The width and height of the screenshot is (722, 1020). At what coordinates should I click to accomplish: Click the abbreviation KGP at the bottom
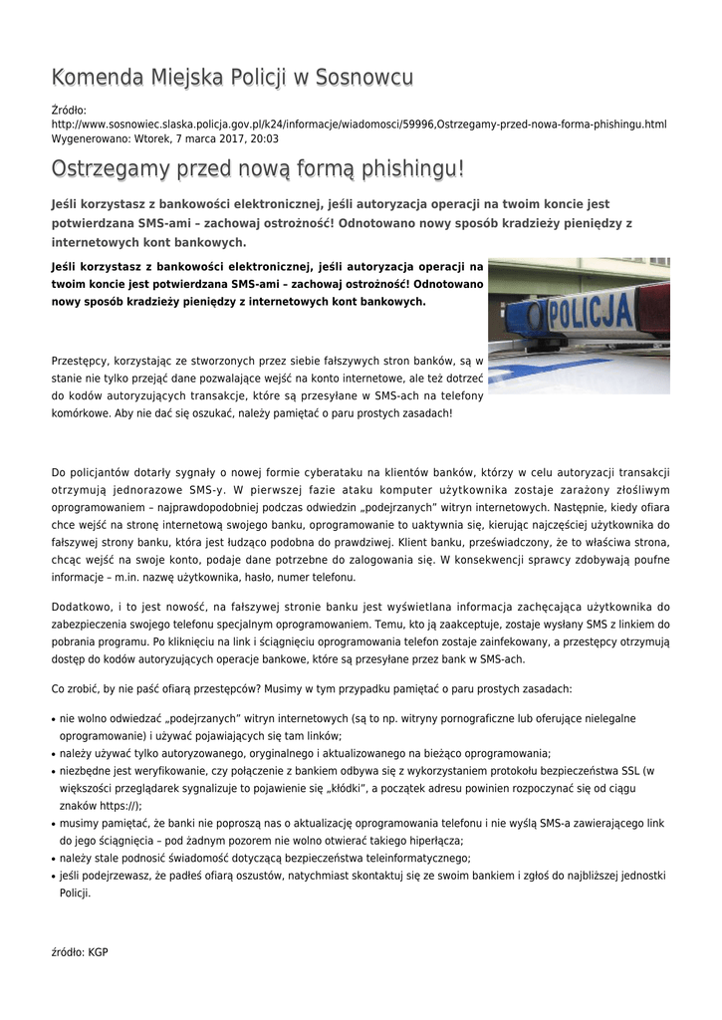tap(98, 951)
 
